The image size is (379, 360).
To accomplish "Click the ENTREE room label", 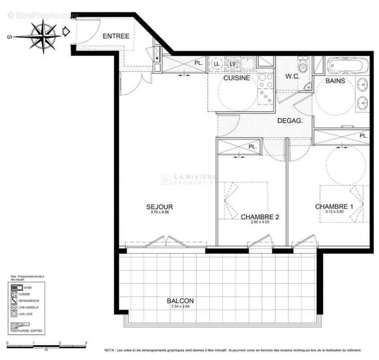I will pyautogui.click(x=116, y=36).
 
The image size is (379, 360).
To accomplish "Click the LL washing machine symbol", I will pyautogui.click(x=217, y=64).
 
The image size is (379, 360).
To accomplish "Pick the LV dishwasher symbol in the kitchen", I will pyautogui.click(x=232, y=64).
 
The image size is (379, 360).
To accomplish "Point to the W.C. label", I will pyautogui.click(x=292, y=76).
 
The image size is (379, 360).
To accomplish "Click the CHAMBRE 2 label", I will pyautogui.click(x=260, y=217).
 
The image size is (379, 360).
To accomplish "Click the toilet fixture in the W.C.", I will pyautogui.click(x=303, y=66).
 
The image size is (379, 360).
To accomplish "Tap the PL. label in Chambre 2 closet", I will pyautogui.click(x=253, y=147).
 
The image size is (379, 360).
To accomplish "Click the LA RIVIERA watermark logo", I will pyautogui.click(x=189, y=180).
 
